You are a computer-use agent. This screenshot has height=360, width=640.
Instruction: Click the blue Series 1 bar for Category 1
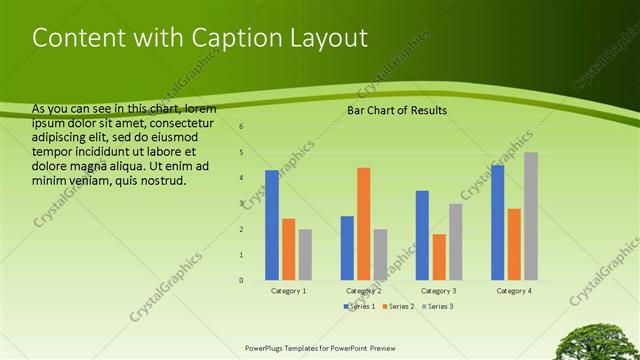272,225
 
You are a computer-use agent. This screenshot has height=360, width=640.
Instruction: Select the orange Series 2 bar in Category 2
363,223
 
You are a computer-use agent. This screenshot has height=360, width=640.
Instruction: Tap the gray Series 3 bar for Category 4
531,216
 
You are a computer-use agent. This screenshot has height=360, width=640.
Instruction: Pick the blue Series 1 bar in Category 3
422,235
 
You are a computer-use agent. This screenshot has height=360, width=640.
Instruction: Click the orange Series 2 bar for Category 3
438,257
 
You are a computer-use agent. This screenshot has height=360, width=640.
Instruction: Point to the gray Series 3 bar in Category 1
305,254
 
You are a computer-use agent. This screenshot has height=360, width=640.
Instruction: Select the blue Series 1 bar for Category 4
498,222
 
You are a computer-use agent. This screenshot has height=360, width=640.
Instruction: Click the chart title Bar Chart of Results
397,110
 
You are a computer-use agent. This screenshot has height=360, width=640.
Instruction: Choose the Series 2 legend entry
397,306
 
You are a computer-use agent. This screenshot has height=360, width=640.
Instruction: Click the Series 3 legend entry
438,306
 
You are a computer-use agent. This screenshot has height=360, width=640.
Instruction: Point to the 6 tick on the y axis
241,127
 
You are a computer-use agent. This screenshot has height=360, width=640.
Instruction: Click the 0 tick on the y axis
241,280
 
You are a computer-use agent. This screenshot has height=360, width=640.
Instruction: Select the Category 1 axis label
289,290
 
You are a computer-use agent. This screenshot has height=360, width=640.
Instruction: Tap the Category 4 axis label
514,290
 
